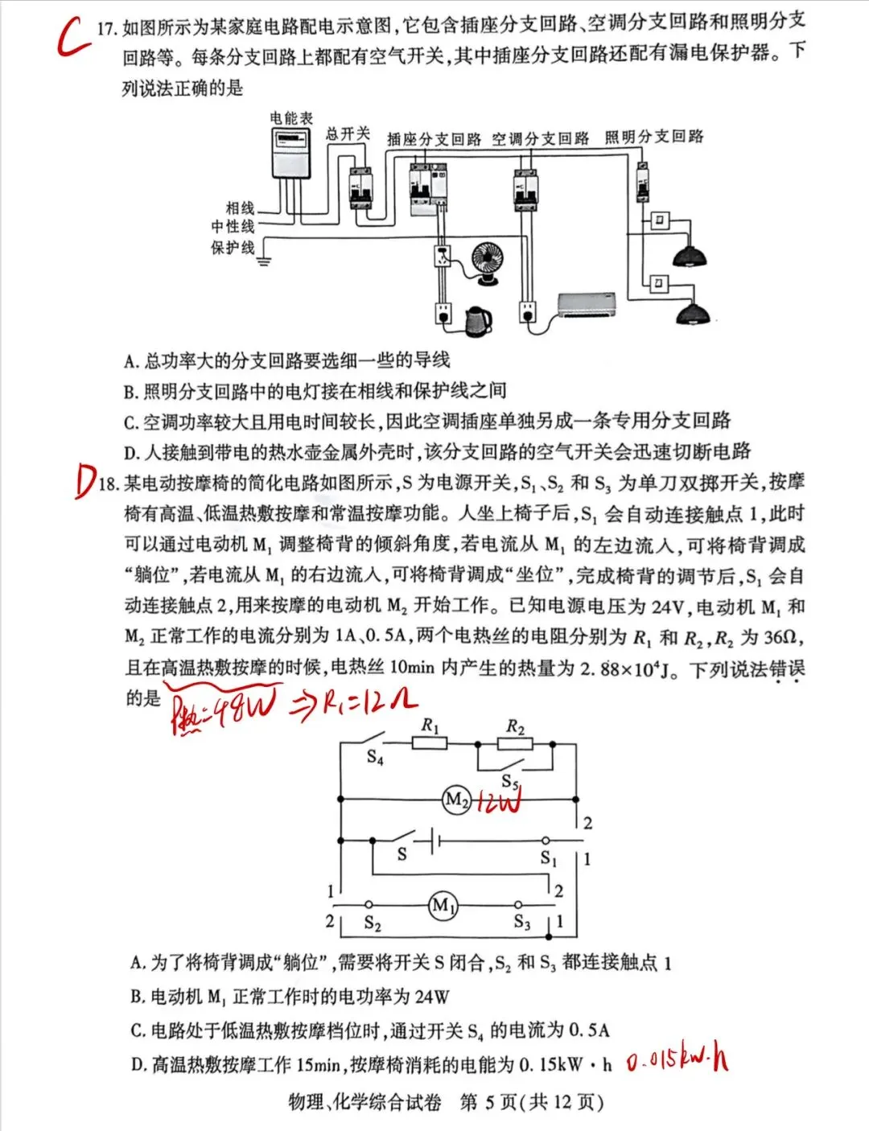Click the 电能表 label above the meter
point(290,118)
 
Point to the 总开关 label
point(347,134)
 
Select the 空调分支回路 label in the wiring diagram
point(540,139)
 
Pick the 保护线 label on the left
point(233,248)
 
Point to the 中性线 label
point(233,228)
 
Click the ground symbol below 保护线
point(263,260)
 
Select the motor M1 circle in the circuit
point(443,905)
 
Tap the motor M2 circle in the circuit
point(456,800)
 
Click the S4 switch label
point(375,757)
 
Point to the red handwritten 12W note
point(498,802)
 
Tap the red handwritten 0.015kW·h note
point(677,1063)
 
